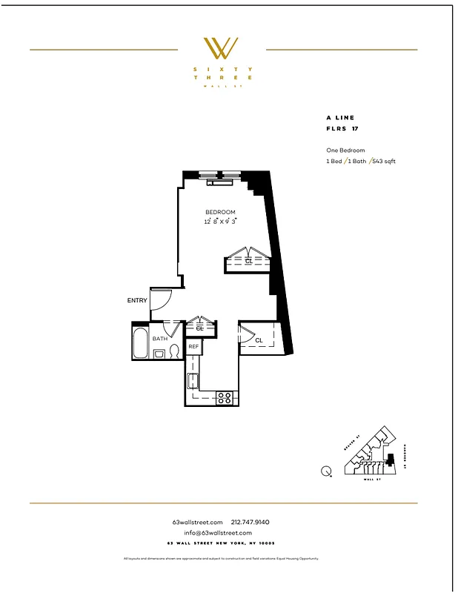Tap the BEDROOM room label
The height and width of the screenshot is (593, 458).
(x=220, y=213)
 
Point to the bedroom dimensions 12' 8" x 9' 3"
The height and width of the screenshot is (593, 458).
(x=220, y=221)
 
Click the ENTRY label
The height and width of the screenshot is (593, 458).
(x=137, y=300)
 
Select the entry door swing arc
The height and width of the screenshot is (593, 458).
(x=162, y=299)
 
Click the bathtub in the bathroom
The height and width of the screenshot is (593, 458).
(x=141, y=343)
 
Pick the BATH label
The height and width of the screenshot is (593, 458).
(x=159, y=339)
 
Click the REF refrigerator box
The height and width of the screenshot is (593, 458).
(x=193, y=346)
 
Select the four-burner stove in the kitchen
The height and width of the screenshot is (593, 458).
(x=225, y=398)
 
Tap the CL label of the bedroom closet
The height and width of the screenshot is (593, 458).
(x=249, y=261)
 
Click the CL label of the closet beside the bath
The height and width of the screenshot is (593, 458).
(x=200, y=328)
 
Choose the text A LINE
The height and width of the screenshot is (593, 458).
(x=340, y=117)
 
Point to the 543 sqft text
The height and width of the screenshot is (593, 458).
(x=382, y=161)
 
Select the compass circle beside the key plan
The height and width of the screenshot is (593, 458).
(x=327, y=469)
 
